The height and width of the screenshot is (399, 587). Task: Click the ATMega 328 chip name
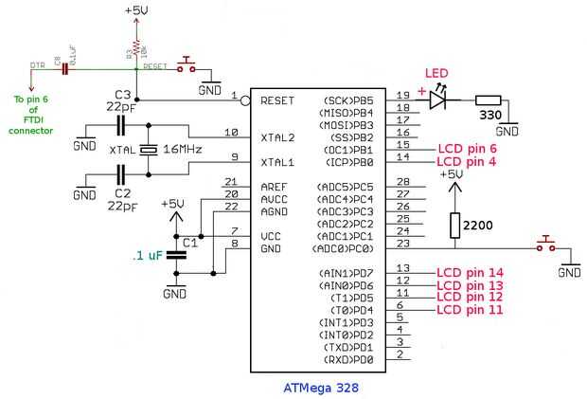[x=321, y=387]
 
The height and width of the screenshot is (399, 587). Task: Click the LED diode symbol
[x=438, y=98]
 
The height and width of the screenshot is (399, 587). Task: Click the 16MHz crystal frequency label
[x=183, y=151]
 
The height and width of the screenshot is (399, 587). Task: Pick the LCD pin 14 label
[x=469, y=272]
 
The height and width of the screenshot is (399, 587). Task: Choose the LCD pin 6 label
[x=467, y=149]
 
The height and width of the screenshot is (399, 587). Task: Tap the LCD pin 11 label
[x=469, y=310]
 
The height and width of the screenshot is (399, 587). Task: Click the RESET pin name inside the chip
[x=277, y=99]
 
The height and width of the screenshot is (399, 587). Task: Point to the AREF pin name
[x=274, y=187]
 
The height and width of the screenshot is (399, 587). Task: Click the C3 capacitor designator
[x=122, y=94]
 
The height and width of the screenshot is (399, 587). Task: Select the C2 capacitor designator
[x=122, y=192]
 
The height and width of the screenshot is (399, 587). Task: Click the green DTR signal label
[x=38, y=63]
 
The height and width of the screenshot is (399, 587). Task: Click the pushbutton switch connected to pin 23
[x=545, y=245]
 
